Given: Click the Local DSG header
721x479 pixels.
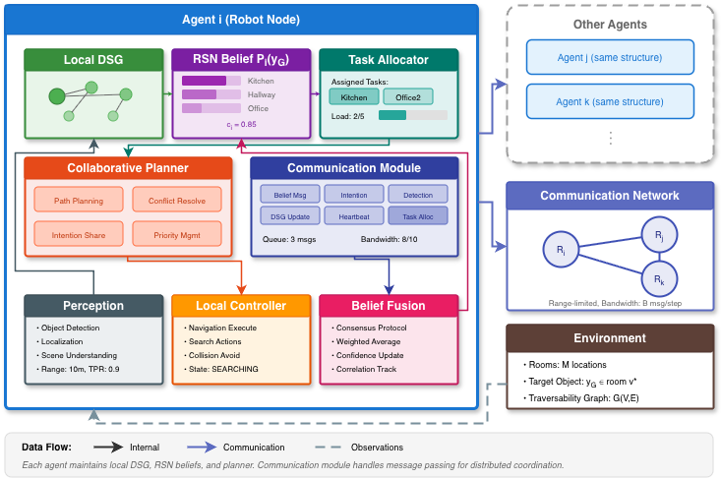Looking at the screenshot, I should point(93,60).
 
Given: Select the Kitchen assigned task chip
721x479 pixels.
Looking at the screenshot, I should point(353,97).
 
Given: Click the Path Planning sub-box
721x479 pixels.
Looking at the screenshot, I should point(78,200).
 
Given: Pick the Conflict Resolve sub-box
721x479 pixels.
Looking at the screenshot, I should point(177,200).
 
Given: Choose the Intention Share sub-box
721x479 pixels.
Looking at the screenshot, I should point(78,235).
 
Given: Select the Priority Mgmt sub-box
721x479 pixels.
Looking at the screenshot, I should point(177,235).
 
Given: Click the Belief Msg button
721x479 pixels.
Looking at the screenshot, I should point(289,196).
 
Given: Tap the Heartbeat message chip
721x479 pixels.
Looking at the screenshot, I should point(353,215).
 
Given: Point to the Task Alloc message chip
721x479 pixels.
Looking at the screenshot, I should point(417,215).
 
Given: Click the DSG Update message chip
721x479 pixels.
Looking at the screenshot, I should point(289,215).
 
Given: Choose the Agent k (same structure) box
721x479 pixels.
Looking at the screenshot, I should point(610,101).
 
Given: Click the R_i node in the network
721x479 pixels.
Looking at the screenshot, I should point(560,250).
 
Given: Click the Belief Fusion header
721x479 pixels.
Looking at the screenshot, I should point(389,305).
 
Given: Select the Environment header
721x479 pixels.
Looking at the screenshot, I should point(610,338).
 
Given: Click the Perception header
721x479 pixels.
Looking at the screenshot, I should point(93,305).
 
